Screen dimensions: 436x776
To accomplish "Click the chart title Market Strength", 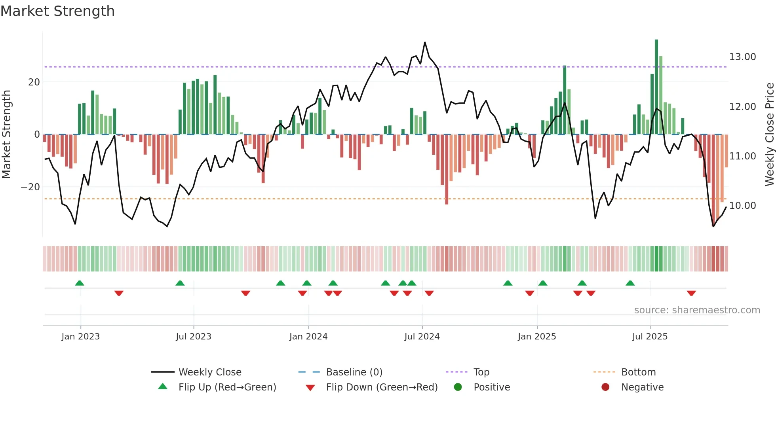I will (x=57, y=11).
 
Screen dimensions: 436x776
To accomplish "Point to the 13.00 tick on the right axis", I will (x=742, y=57).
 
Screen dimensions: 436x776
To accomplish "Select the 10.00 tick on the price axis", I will (x=742, y=206).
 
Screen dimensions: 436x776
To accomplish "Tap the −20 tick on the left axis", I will (x=30, y=187).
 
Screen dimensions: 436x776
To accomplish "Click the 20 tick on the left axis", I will (x=34, y=82).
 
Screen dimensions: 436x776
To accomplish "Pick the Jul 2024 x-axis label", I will (x=422, y=337).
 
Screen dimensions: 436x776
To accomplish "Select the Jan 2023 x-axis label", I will (x=80, y=337).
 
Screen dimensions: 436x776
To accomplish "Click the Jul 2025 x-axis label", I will (x=650, y=337).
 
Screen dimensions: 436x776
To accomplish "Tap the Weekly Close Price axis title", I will (x=769, y=135).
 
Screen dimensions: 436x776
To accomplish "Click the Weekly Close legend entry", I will (x=209, y=372).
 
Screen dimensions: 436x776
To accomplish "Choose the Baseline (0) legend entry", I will (x=354, y=372).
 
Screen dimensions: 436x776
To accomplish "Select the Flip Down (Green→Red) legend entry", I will (x=382, y=387).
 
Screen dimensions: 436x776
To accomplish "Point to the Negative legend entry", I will (x=642, y=387).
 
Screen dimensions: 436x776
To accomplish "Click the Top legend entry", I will (x=481, y=372).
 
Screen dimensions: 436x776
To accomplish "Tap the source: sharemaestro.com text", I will (x=697, y=310).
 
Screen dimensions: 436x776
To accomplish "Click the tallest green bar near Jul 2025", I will (x=656, y=87).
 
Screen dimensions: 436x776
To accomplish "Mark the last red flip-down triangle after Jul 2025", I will (x=691, y=293).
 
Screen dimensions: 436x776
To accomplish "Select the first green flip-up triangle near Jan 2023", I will (x=80, y=283).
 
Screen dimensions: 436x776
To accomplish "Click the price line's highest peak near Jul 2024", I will (x=425, y=42).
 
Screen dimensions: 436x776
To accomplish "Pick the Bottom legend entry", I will (x=638, y=372).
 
